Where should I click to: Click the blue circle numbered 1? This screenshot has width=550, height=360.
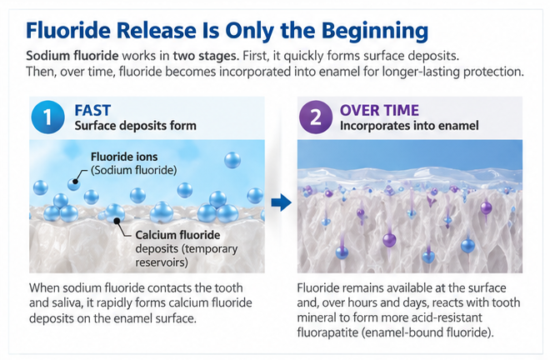[48, 117]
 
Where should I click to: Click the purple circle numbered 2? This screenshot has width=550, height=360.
[316, 117]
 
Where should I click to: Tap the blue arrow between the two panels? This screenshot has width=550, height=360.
[282, 202]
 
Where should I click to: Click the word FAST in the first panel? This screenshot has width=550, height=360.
[92, 111]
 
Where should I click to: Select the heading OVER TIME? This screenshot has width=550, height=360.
[379, 111]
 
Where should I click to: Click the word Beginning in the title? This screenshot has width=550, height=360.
[375, 31]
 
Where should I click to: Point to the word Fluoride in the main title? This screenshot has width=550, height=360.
[68, 30]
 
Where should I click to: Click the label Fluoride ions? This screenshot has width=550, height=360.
[124, 157]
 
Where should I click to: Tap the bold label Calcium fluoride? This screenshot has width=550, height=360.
[177, 235]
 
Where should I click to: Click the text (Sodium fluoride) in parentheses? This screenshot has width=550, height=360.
[133, 170]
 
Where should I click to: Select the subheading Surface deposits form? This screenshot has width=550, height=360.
[135, 126]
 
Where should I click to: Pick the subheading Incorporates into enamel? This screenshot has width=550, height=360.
[409, 126]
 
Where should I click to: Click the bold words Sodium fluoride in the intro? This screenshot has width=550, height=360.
[72, 56]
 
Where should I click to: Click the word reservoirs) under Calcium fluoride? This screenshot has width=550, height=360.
[162, 262]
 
